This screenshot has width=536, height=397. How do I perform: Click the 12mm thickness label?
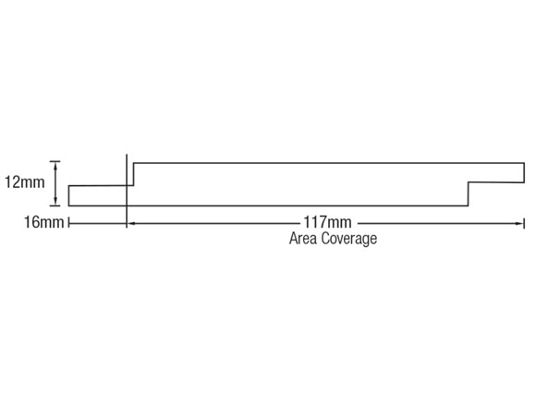(25, 182)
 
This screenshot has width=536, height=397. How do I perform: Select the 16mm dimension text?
(43, 222)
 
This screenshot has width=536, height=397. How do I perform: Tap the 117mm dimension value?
(327, 222)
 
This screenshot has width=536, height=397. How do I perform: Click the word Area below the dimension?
(303, 239)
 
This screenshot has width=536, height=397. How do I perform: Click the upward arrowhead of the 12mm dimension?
(55, 165)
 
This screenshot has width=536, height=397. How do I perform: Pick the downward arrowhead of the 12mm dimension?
(55, 203)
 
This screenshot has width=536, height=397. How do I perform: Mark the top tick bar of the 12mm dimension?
(55, 161)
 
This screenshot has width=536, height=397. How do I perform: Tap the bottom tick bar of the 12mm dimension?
(55, 206)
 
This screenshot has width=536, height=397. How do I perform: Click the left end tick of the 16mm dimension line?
(69, 223)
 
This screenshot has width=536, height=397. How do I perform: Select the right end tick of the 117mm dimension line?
(524, 223)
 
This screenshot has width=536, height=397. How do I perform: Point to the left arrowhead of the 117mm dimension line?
(130, 223)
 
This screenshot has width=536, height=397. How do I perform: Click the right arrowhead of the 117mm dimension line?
(519, 223)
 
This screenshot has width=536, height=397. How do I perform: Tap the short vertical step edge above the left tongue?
(133, 174)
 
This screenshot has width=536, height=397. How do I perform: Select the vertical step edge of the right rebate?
(469, 194)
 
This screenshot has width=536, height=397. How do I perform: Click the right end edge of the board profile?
(524, 172)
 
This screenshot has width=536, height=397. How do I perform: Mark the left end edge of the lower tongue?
(69, 196)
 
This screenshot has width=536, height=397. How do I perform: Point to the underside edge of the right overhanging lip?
(496, 182)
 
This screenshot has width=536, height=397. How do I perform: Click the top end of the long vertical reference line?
(127, 155)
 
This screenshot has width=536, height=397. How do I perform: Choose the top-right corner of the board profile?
(524, 163)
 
